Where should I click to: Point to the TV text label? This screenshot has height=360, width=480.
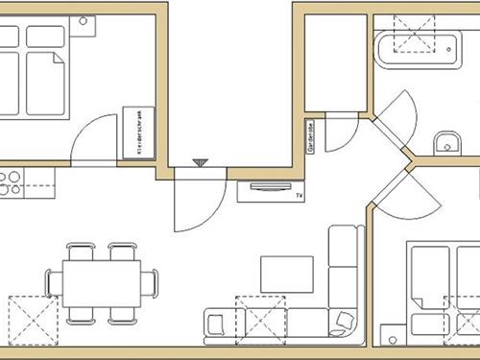[x=300, y=195]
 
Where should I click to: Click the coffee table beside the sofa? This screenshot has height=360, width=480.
[x=286, y=274]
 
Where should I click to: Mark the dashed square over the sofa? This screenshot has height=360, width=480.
[x=261, y=316]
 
